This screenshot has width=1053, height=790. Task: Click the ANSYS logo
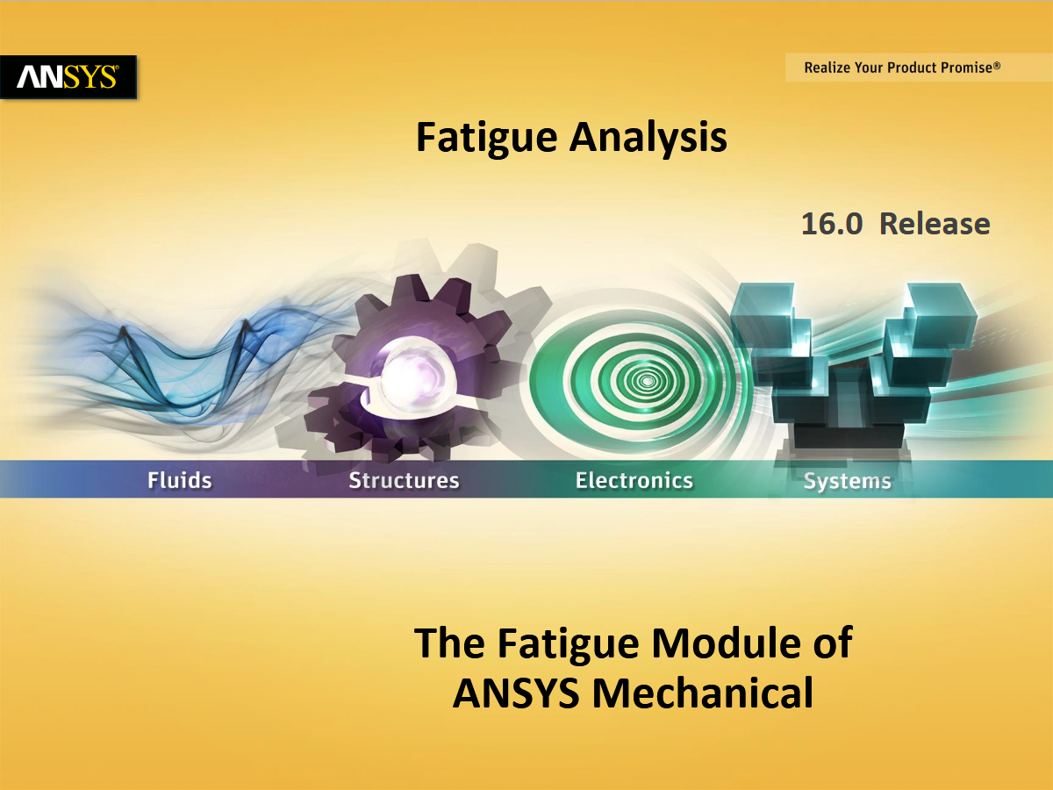pos(68,77)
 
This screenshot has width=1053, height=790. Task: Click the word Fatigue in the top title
pos(486,138)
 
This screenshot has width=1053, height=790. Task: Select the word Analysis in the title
pos(648,138)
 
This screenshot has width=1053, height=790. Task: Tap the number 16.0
pos(832,224)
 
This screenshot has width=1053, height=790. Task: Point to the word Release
pos(935,224)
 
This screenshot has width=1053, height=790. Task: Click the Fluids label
pos(179,480)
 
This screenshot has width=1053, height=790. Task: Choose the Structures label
pos(404,480)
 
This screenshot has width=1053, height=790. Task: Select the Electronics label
pos(634,480)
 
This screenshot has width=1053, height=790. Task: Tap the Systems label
pos(847,481)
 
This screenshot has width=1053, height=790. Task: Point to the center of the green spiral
pos(647,381)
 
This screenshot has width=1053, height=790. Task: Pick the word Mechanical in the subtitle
pos(703,693)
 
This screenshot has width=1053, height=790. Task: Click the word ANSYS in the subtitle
pos(516,693)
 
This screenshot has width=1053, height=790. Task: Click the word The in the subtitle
pos(450,643)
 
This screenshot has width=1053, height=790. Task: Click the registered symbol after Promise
pos(997,65)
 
